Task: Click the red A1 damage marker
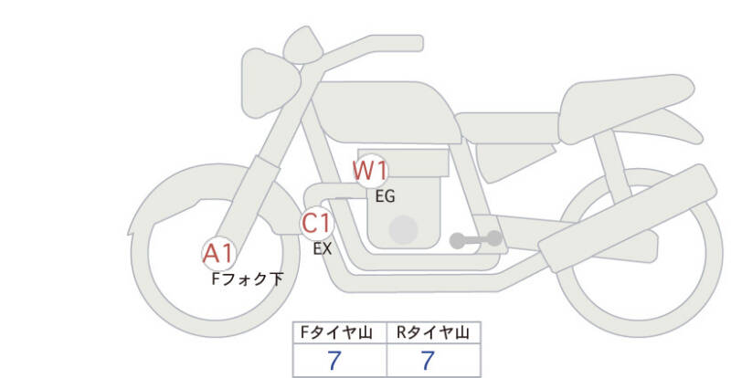point(218,253)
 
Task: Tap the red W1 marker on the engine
point(371,170)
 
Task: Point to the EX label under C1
point(322,247)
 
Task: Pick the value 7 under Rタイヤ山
point(428,361)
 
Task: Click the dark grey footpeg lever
point(476,240)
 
